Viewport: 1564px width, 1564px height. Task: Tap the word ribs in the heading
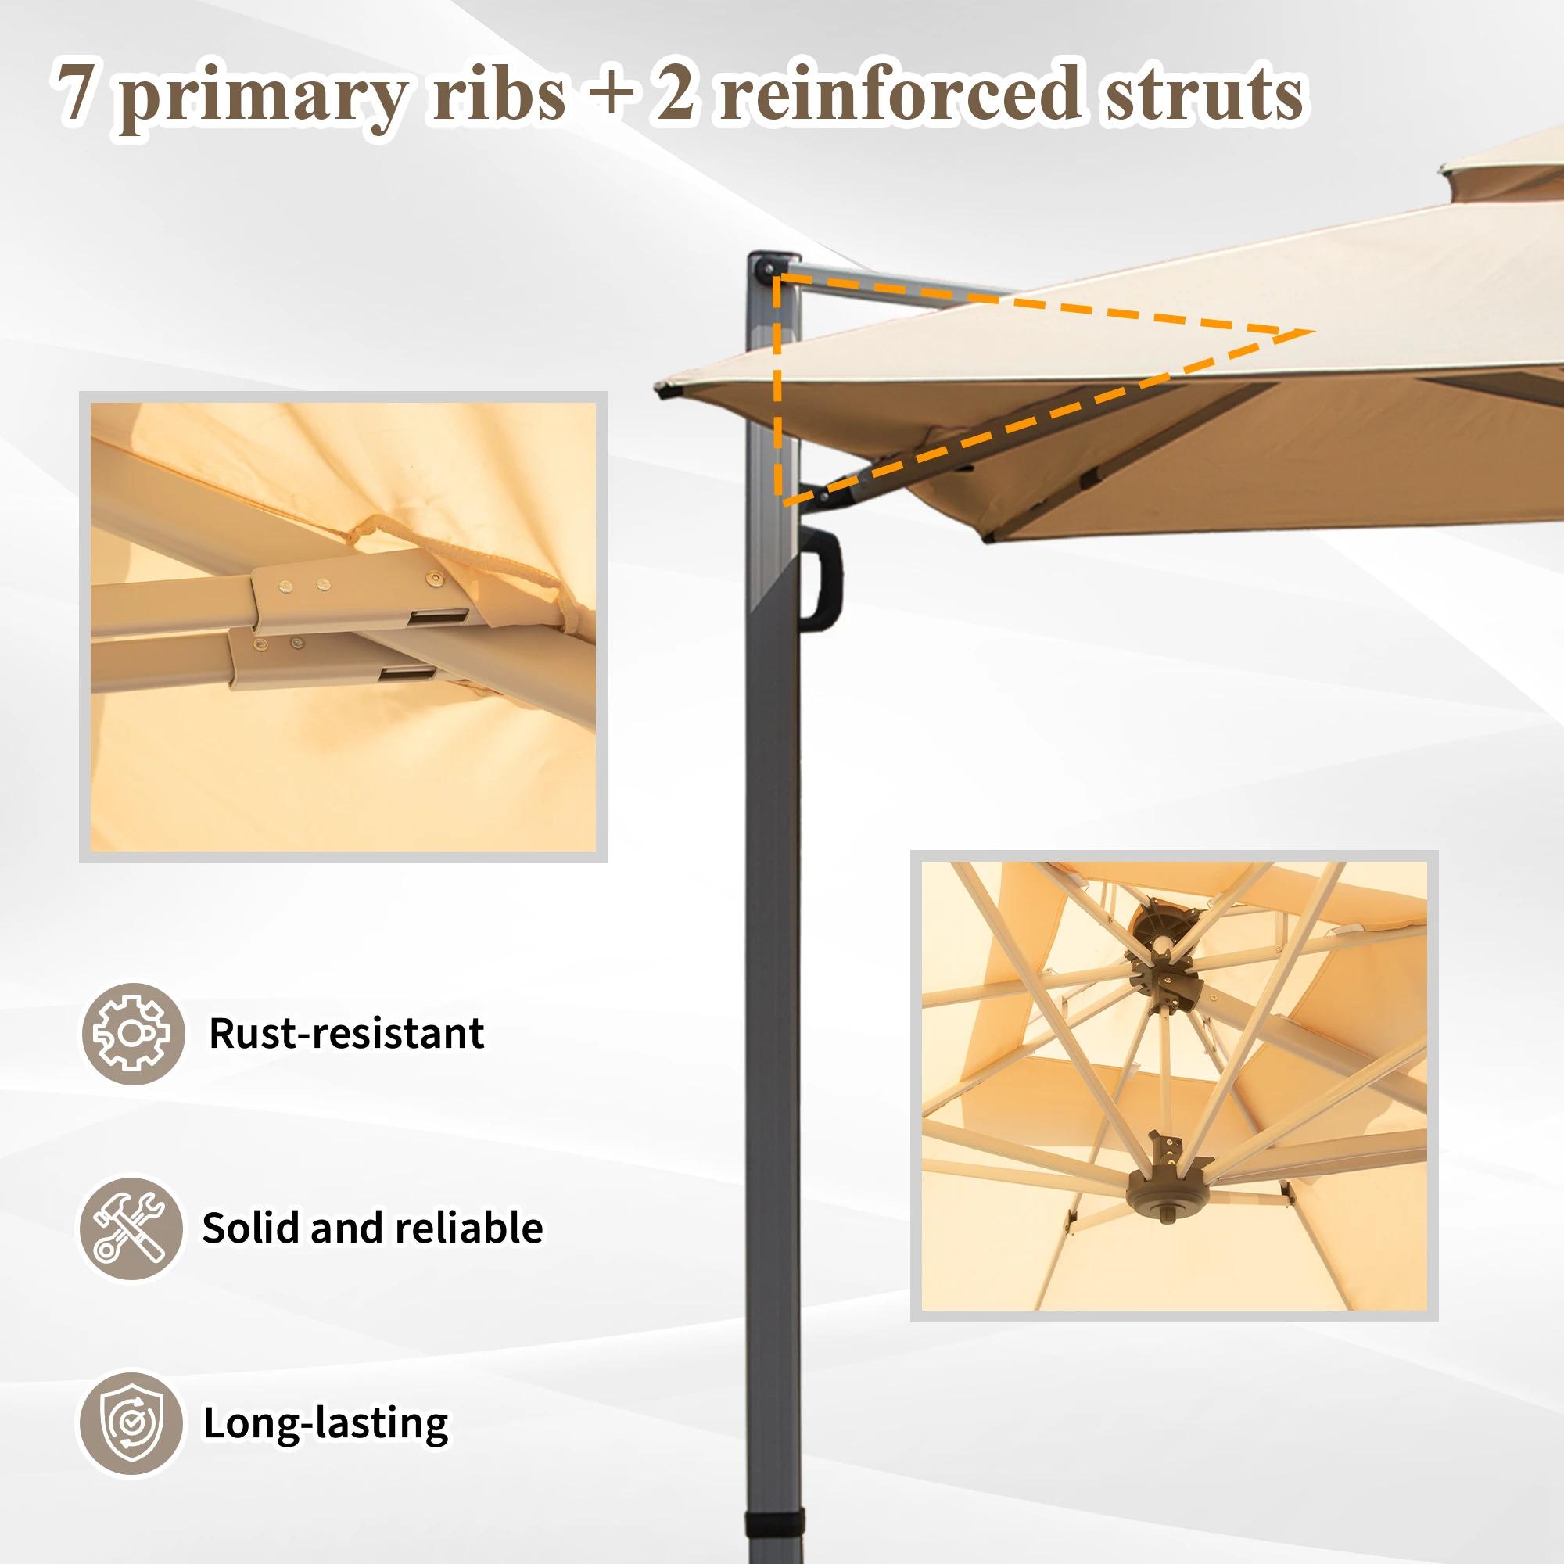(x=498, y=95)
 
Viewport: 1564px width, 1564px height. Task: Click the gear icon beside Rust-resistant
(x=132, y=1034)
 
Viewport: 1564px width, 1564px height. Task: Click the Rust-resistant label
(x=346, y=1034)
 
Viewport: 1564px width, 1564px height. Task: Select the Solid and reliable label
(x=372, y=1229)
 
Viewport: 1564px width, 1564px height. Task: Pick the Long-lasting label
(x=325, y=1423)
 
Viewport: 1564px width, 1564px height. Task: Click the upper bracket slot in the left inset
(x=437, y=617)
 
